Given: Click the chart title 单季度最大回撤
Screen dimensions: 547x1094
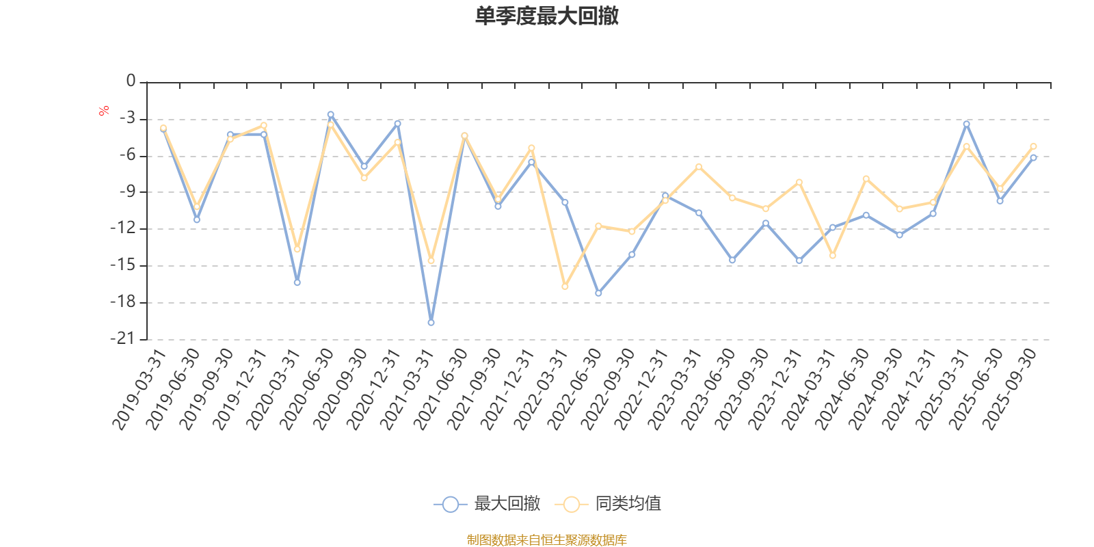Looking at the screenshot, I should tap(546, 16).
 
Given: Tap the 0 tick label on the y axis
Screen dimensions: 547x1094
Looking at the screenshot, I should tap(131, 82).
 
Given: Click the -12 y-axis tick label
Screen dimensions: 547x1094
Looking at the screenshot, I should tap(123, 228).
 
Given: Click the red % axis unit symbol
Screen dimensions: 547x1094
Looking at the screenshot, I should tap(104, 110).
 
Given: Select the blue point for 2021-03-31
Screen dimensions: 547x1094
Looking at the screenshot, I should tap(431, 322).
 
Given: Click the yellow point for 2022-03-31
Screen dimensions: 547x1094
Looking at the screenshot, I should tap(565, 286).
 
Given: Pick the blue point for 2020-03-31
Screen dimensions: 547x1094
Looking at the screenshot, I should tap(297, 282).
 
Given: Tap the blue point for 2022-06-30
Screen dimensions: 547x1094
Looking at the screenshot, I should tap(598, 293).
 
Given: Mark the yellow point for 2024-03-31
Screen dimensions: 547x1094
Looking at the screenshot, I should tap(832, 256).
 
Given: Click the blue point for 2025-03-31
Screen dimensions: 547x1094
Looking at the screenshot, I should tap(966, 124).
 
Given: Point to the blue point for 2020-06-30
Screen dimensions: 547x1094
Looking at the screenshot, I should tap(330, 114).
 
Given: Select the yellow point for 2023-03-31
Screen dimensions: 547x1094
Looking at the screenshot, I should tap(698, 166).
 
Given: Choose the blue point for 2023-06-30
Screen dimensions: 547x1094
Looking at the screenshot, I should tap(732, 261).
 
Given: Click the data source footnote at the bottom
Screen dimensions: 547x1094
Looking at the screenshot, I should tap(546, 540).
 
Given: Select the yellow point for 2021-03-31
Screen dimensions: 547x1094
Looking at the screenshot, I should tap(431, 261).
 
